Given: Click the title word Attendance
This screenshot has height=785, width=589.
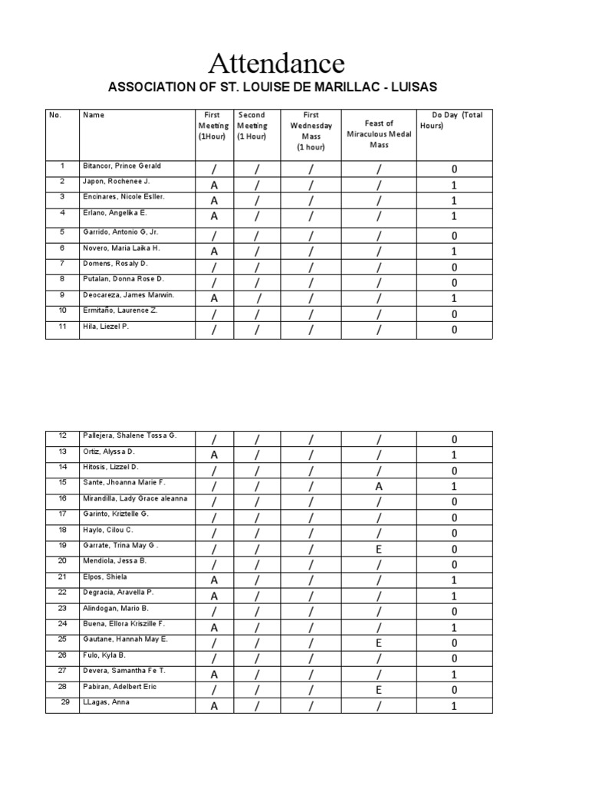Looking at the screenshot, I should coord(277,62).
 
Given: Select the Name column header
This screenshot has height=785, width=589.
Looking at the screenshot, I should coord(94,115).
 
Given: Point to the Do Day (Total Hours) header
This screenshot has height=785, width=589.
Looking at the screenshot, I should coord(453,120).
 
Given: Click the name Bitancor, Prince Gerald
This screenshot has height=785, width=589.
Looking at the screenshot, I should coord(122,166).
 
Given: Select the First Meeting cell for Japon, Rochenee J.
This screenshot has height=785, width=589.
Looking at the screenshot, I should coord(214,186).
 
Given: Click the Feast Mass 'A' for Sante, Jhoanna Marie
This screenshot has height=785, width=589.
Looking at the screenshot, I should coord(379,487).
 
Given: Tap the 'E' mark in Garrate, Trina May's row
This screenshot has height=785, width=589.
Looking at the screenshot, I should coord(379,550).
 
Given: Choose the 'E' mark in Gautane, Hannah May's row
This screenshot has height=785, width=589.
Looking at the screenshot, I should coord(379,643).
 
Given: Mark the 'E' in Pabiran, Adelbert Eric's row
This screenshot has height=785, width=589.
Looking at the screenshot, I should coord(379,691).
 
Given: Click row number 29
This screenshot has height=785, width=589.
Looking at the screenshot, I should coord(64,702).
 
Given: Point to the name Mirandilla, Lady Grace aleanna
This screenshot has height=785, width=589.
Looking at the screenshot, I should coord(135,498).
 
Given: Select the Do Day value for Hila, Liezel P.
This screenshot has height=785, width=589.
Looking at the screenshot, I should coord(454,330).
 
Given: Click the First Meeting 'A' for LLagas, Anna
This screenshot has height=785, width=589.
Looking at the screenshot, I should coord(214,707).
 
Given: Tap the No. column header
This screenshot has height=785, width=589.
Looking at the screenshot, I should coord(54,115).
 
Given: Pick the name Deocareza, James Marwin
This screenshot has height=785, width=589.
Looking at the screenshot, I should coord(128,294).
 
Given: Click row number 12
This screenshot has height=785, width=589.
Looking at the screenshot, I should coord(63,435).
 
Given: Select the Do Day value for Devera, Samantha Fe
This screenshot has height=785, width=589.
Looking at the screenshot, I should coord(454,675).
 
